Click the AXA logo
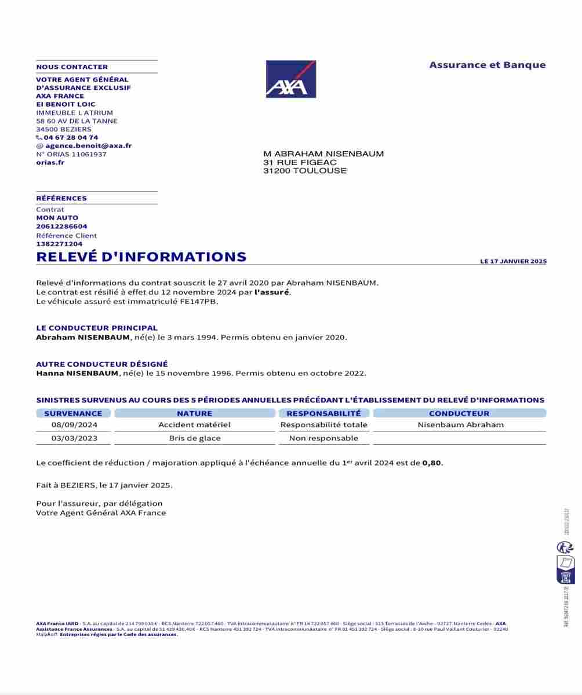pyautogui.click(x=290, y=79)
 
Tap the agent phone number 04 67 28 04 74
pyautogui.click(x=71, y=137)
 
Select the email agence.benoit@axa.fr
pyautogui.click(x=88, y=146)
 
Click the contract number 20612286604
pyautogui.click(x=61, y=226)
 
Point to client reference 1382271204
pyautogui.click(x=59, y=244)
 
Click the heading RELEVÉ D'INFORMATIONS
pyautogui.click(x=141, y=257)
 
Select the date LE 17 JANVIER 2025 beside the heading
pyautogui.click(x=513, y=262)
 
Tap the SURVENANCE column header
pyautogui.click(x=73, y=414)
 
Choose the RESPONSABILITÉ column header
pyautogui.click(x=323, y=414)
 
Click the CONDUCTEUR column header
pyautogui.click(x=459, y=414)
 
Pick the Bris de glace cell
pyautogui.click(x=195, y=438)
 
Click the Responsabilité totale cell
pyautogui.click(x=323, y=425)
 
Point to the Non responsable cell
pyautogui.click(x=323, y=438)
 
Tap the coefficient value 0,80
pyautogui.click(x=432, y=463)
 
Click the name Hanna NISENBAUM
pyautogui.click(x=77, y=374)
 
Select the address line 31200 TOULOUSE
pyautogui.click(x=305, y=171)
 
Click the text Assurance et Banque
pyautogui.click(x=488, y=65)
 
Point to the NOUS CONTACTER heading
pyautogui.click(x=72, y=67)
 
